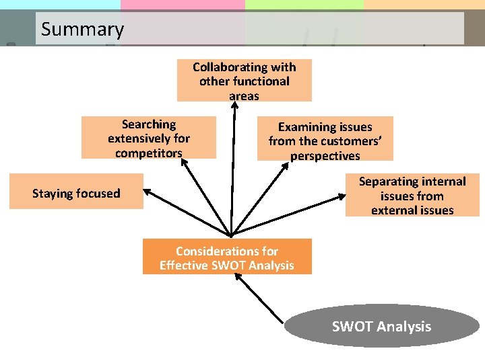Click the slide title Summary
coord(82,30)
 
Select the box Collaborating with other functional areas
coord(244,81)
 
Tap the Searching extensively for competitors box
coord(148,138)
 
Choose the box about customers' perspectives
coord(325,140)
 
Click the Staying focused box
coord(76,194)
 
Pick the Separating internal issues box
coord(412,196)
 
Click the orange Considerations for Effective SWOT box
coord(227,257)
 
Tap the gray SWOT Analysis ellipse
coord(381,327)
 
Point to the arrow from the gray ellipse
coord(263,300)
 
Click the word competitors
coord(148,153)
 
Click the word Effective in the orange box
coord(184,266)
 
